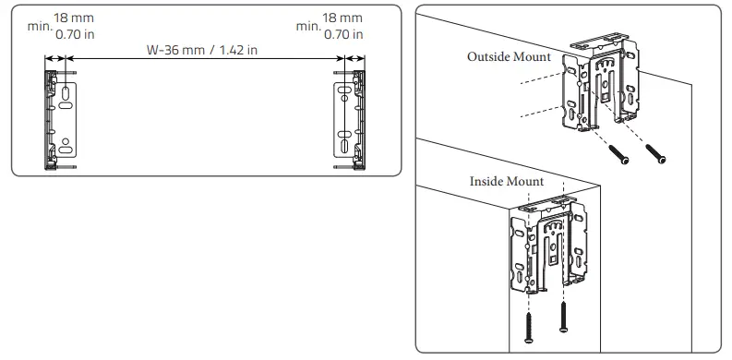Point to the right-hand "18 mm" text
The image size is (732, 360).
coord(343,18)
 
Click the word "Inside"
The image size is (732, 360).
coord(489,181)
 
